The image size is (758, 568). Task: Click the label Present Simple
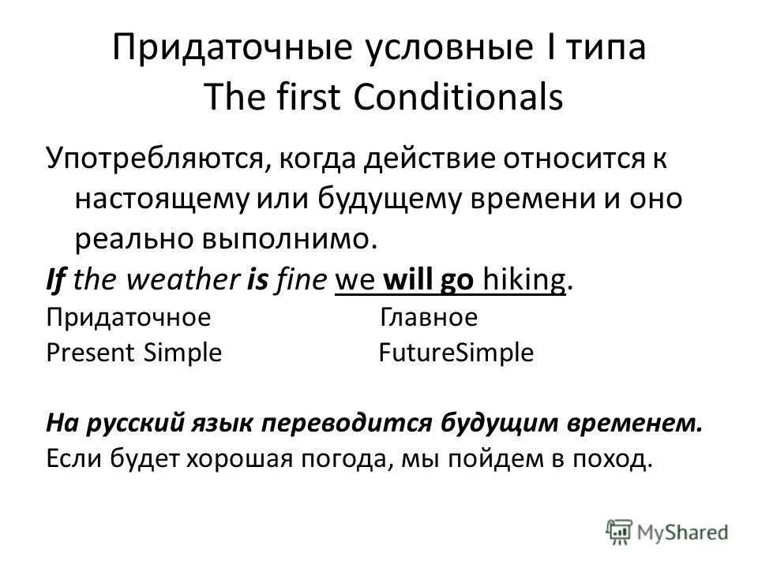pyautogui.click(x=134, y=353)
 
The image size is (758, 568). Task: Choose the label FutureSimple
pyautogui.click(x=456, y=353)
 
